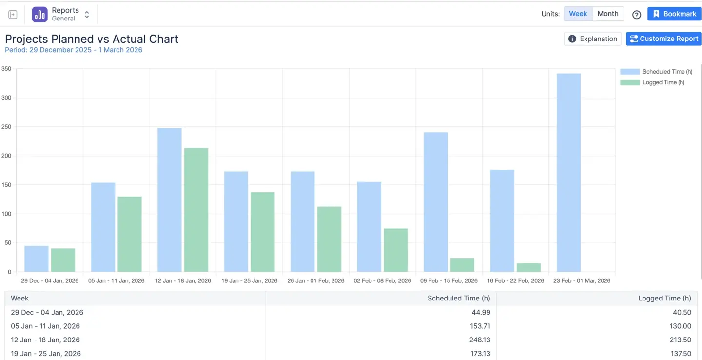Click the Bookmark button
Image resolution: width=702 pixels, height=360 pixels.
tap(674, 14)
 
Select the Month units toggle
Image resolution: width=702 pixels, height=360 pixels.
tap(608, 14)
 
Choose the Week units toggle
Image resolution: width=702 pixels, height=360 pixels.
tap(578, 14)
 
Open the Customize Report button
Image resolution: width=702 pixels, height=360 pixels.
tap(663, 39)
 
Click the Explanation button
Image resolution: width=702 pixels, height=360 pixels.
tap(593, 39)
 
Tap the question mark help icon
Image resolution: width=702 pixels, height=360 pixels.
tap(637, 15)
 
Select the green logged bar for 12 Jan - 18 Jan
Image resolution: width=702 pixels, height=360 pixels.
tap(196, 210)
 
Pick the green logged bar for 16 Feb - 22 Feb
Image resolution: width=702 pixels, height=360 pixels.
tap(528, 267)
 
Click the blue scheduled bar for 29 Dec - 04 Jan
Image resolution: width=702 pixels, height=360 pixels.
tap(37, 259)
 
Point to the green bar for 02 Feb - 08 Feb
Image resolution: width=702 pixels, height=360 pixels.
tap(395, 250)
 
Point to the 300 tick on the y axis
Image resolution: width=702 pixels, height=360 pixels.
tap(6, 98)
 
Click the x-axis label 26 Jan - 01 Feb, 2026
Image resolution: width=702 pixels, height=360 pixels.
tap(315, 280)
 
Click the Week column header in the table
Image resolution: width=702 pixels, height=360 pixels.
tap(20, 298)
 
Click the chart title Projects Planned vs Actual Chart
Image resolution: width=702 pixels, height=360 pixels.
tap(92, 39)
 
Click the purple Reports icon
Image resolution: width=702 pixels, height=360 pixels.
tap(39, 15)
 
